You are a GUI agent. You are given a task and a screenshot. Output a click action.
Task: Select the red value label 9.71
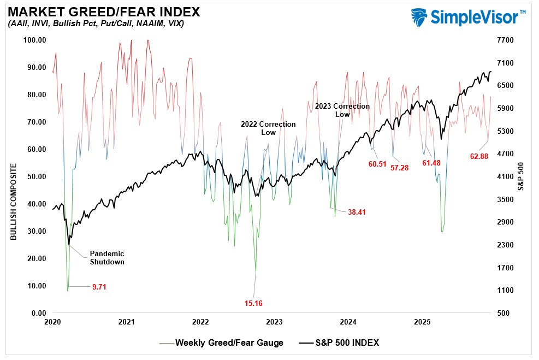click(x=99, y=286)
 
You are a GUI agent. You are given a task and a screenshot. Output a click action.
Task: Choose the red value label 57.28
click(x=400, y=167)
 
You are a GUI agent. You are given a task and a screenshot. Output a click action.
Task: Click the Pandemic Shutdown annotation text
click(x=107, y=257)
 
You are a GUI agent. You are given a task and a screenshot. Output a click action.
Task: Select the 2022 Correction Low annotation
click(x=268, y=128)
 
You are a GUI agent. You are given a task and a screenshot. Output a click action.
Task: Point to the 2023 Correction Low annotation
click(x=342, y=110)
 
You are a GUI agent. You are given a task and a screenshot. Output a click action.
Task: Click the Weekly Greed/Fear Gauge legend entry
click(x=229, y=343)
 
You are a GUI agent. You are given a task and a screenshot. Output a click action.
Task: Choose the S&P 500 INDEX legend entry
click(x=346, y=343)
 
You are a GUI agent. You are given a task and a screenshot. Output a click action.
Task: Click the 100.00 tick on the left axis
click(x=34, y=40)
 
